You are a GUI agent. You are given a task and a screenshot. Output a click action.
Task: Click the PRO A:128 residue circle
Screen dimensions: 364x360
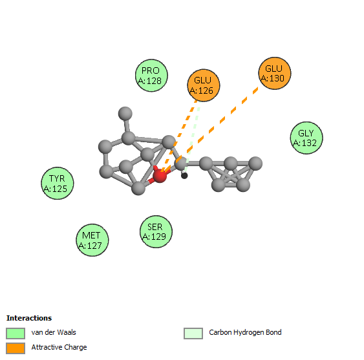tap(151, 76)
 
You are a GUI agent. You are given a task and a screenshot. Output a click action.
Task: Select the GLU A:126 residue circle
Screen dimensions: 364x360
tap(204, 85)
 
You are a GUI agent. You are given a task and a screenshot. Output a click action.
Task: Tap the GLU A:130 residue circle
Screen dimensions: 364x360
tap(275, 73)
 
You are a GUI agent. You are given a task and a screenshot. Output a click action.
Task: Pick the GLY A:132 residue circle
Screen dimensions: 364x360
tap(306, 138)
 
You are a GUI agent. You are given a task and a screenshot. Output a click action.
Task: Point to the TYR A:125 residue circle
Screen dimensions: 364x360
tap(58, 183)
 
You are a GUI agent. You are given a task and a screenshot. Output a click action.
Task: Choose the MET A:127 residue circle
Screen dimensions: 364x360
tap(92, 240)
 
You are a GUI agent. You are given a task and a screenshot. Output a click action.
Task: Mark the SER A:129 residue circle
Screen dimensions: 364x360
tap(156, 231)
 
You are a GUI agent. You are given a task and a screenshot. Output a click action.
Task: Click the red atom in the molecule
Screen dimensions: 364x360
tap(160, 176)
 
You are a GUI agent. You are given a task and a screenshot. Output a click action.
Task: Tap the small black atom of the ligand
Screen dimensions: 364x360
tap(184, 176)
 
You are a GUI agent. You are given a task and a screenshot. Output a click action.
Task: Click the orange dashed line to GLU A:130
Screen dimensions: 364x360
tap(210, 129)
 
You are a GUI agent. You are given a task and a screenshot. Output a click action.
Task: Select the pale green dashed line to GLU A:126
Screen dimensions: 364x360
tap(192, 137)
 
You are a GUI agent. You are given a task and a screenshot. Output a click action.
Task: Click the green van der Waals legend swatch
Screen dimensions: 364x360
tap(16, 334)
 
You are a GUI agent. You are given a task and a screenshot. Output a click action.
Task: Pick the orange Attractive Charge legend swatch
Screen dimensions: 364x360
tap(16, 348)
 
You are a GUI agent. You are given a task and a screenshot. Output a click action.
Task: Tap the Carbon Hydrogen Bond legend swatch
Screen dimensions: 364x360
tap(193, 334)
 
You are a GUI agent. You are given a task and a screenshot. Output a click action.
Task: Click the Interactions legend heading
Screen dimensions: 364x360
tap(29, 318)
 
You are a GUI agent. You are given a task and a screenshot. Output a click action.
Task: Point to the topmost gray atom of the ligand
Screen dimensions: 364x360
tap(125, 114)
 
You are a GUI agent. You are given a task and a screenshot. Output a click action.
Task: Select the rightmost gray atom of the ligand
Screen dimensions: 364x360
tap(255, 164)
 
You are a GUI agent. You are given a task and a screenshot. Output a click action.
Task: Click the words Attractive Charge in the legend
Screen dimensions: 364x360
tap(59, 347)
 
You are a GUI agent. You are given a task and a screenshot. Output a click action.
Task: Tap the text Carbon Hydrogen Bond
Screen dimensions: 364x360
tap(245, 332)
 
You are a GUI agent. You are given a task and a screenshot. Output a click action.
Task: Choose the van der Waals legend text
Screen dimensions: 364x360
tap(54, 332)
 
